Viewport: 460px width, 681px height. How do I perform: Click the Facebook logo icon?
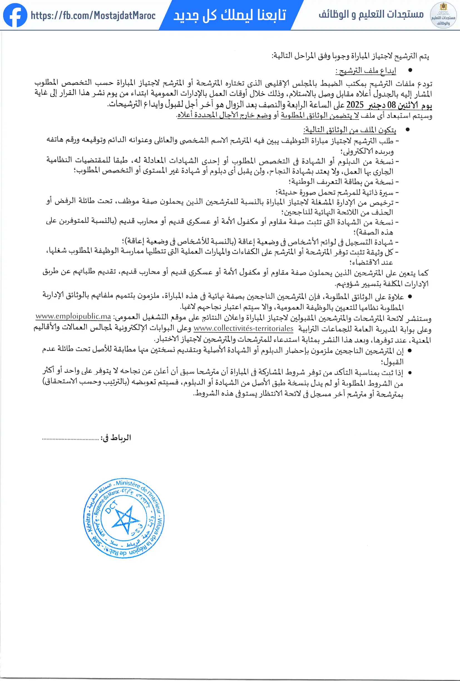(15, 15)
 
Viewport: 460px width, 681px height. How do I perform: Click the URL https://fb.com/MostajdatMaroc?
(93, 16)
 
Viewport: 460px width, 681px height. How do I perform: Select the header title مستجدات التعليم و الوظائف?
(371, 14)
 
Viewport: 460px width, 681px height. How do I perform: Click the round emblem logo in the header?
(443, 15)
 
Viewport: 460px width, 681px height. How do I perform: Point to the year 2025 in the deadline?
(355, 105)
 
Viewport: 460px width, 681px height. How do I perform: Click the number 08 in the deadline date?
(391, 105)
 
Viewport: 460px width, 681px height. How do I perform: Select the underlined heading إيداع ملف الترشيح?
(366, 71)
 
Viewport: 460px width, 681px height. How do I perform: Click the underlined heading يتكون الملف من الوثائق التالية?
(350, 130)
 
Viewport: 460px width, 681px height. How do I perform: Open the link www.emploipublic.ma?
(73, 316)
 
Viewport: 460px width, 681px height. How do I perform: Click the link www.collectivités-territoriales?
(243, 328)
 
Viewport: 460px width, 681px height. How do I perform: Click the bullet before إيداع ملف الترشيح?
(410, 70)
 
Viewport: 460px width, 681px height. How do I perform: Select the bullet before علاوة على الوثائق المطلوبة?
(410, 297)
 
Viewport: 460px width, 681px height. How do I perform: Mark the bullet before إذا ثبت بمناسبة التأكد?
(410, 373)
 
